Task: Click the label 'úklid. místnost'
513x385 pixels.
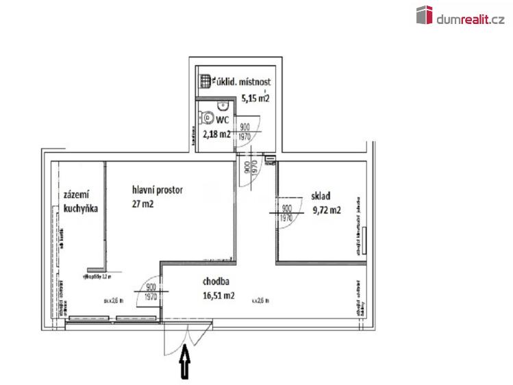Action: pos(243,82)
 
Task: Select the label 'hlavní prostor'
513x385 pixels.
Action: pos(158,190)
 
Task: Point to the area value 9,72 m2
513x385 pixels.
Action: pos(326,210)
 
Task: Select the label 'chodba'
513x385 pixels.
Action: pos(216,282)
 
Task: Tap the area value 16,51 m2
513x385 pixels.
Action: pos(218,296)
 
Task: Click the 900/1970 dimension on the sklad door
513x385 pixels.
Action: pos(287,212)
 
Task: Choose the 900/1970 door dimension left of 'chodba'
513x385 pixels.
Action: pos(151,293)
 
